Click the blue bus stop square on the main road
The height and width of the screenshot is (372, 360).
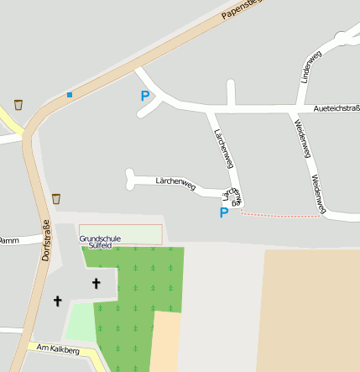(x=70, y=94)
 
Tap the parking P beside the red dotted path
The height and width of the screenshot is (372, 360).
(x=224, y=213)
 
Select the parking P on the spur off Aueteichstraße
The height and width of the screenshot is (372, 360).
(x=145, y=97)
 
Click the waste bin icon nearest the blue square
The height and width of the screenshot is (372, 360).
(x=18, y=106)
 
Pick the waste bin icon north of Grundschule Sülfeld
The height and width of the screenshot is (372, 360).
(x=56, y=199)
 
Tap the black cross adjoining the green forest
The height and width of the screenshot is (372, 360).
(x=95, y=284)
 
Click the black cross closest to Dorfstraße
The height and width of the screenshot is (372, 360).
(x=58, y=300)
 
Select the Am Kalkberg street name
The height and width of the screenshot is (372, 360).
(x=58, y=349)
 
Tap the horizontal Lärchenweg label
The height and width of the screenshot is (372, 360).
(x=175, y=182)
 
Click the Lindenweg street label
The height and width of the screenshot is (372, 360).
(x=310, y=66)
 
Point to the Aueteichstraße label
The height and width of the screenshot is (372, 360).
(x=336, y=109)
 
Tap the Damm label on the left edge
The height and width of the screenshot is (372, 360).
(x=8, y=240)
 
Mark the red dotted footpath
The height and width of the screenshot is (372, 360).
(x=281, y=216)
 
